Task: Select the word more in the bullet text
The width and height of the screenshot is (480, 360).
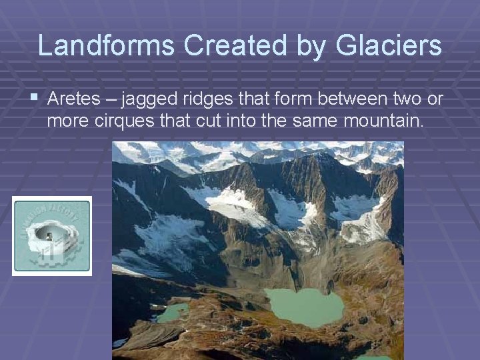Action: pyautogui.click(x=65, y=122)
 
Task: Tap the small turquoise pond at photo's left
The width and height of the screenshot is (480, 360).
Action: pyautogui.click(x=173, y=312)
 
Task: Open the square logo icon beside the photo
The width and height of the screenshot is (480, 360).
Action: pyautogui.click(x=52, y=235)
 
